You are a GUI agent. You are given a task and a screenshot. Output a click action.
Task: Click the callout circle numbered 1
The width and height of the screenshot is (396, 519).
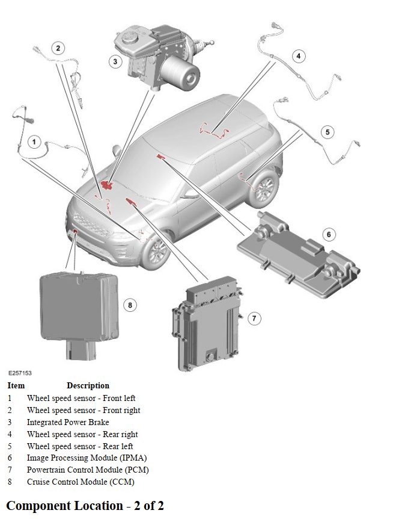[x=34, y=142]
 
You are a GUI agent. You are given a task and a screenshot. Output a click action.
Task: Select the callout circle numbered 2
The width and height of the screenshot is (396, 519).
[x=58, y=48]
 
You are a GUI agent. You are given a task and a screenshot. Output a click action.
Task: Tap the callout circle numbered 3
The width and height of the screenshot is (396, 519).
[x=115, y=61]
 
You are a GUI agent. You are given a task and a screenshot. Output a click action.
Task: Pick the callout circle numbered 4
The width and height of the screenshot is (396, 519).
[x=299, y=57]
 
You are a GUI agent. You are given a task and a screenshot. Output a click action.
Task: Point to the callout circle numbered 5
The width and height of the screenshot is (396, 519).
[x=327, y=132]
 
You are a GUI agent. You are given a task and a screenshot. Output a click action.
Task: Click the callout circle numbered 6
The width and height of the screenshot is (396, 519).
[x=329, y=234]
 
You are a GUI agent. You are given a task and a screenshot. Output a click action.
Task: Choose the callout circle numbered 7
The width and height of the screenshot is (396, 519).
[x=255, y=319]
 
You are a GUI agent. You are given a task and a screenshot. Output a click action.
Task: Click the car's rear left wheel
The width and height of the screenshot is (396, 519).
[x=265, y=187]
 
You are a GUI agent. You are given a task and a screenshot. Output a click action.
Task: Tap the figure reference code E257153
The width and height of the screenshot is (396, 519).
[x=20, y=373]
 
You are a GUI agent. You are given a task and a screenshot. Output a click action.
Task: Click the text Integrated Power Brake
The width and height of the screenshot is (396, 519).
[x=68, y=422]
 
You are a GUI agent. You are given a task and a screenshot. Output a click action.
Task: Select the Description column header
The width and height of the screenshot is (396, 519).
[x=88, y=385]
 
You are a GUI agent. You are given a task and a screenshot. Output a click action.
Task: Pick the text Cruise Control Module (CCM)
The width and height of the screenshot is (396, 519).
[x=81, y=482]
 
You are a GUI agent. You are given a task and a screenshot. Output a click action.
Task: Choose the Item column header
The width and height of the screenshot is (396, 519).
[x=16, y=385]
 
